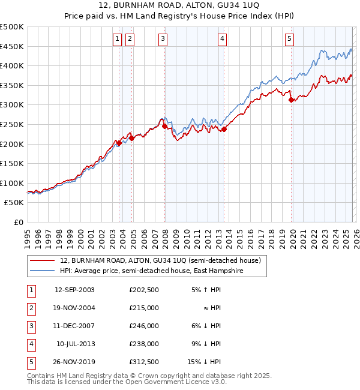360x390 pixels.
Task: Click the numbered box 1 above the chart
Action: point(116,39)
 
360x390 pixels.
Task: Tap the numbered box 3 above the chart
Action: point(163,39)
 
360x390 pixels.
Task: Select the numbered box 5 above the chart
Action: point(289,39)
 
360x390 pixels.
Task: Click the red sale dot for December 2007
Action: point(164,127)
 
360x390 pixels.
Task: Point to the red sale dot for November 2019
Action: point(291,100)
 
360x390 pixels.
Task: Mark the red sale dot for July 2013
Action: point(224,129)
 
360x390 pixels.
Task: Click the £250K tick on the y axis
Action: point(12,124)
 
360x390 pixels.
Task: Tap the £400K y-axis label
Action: point(12,65)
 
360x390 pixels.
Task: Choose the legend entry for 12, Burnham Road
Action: point(160,261)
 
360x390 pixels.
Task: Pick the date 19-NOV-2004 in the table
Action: point(74,307)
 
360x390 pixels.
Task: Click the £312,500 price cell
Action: point(143,361)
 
